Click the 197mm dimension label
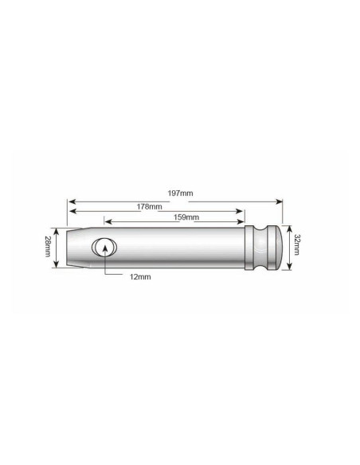pos(180,193)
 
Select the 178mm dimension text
pos(149,206)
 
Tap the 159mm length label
pos(186,217)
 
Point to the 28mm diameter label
pos(47,246)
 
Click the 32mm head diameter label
pos(297,244)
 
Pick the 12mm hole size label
pos(140,277)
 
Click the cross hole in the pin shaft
pos(104,247)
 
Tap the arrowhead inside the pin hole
pos(105,248)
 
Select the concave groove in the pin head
pos(260,248)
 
